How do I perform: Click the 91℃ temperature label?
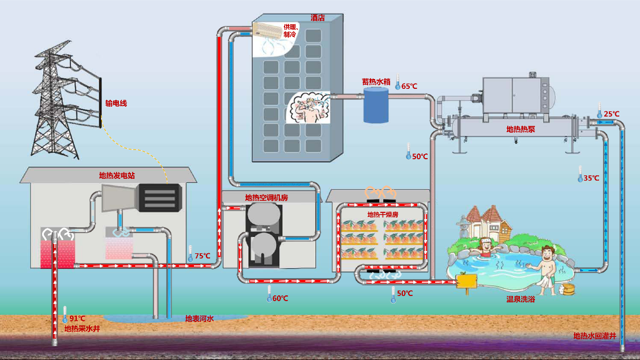pyautogui.click(x=77, y=318)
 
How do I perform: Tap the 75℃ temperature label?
pyautogui.click(x=202, y=256)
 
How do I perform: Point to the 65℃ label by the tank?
pyautogui.click(x=409, y=86)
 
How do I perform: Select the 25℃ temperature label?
pyautogui.click(x=612, y=114)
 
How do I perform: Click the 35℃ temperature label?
pyautogui.click(x=592, y=178)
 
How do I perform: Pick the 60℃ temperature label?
pyautogui.click(x=280, y=298)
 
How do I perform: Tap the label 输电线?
pyautogui.click(x=115, y=104)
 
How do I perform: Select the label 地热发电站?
pyautogui.click(x=117, y=175)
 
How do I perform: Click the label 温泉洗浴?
pyautogui.click(x=521, y=299)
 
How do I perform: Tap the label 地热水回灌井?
pyautogui.click(x=594, y=336)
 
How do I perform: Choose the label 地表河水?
pyautogui.click(x=200, y=318)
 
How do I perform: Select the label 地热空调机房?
pyautogui.click(x=267, y=198)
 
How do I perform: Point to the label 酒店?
pyautogui.click(x=317, y=18)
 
